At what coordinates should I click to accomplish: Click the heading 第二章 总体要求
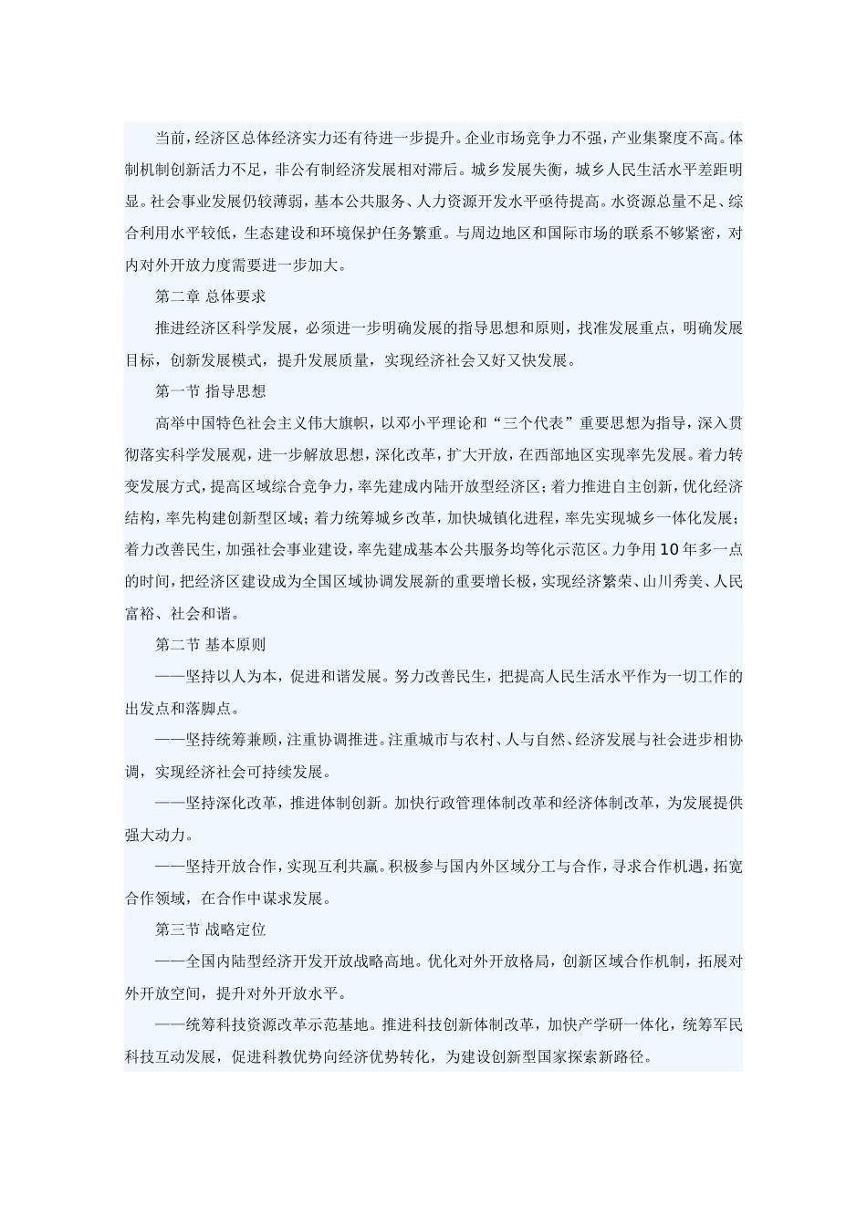click(210, 296)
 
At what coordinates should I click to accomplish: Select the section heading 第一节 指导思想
click(210, 391)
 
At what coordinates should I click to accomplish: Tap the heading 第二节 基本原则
click(210, 644)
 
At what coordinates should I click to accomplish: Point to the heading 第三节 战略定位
click(210, 930)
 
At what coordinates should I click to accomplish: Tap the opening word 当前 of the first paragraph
click(170, 138)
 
